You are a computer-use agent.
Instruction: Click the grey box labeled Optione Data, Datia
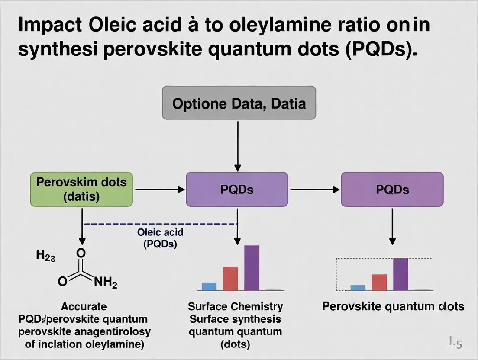coord(239,103)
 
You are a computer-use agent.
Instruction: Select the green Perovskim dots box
coord(81,189)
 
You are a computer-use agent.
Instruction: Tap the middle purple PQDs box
coord(237,189)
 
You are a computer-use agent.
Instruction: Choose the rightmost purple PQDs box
coord(392,189)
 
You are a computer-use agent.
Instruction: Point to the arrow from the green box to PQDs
coord(159,189)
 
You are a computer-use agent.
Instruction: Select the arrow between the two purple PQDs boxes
coord(314,189)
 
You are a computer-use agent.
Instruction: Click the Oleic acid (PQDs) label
coord(160,238)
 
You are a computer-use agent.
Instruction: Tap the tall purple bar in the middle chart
coord(252,268)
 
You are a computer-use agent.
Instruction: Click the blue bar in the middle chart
coord(209,286)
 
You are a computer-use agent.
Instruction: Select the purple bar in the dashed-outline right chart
coord(400,274)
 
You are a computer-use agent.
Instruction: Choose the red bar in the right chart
coord(379,282)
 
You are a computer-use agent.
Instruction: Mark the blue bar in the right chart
coord(358,288)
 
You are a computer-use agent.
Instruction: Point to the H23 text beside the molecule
coord(45,255)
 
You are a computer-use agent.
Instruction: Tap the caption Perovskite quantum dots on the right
coord(393,307)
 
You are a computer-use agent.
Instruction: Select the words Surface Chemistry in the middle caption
coord(235,307)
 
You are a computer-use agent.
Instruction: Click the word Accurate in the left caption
coord(84,307)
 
